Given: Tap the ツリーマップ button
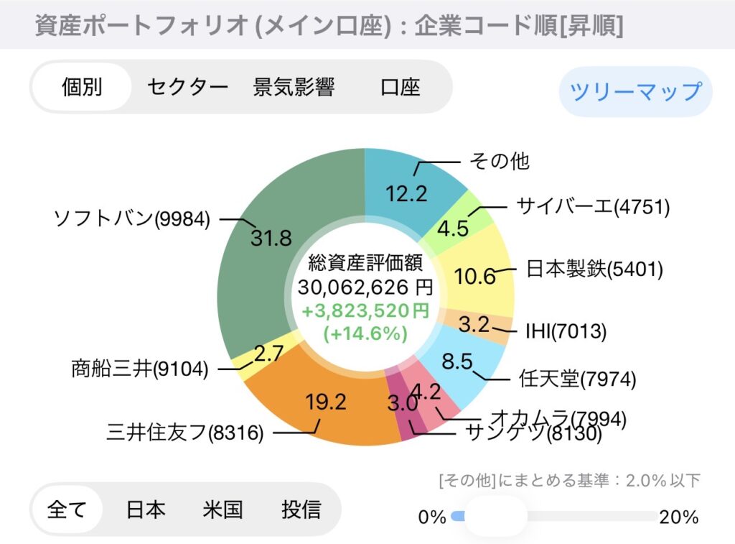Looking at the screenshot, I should tap(635, 91).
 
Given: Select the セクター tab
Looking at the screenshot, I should tap(187, 88).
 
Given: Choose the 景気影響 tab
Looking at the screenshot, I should tap(294, 88).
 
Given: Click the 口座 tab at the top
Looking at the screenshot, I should tap(401, 88).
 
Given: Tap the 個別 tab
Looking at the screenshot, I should tap(82, 88).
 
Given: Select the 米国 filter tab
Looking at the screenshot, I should tap(223, 510).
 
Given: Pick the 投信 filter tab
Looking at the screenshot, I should tap(301, 510).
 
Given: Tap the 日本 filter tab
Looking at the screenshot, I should tap(146, 510).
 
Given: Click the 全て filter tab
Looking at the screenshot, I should tap(67, 510).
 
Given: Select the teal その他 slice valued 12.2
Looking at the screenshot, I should tap(409, 180).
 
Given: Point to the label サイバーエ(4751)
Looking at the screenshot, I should tap(593, 207).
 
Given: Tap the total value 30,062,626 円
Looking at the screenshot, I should tap(365, 288).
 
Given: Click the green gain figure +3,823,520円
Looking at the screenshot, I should tap(365, 311).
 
